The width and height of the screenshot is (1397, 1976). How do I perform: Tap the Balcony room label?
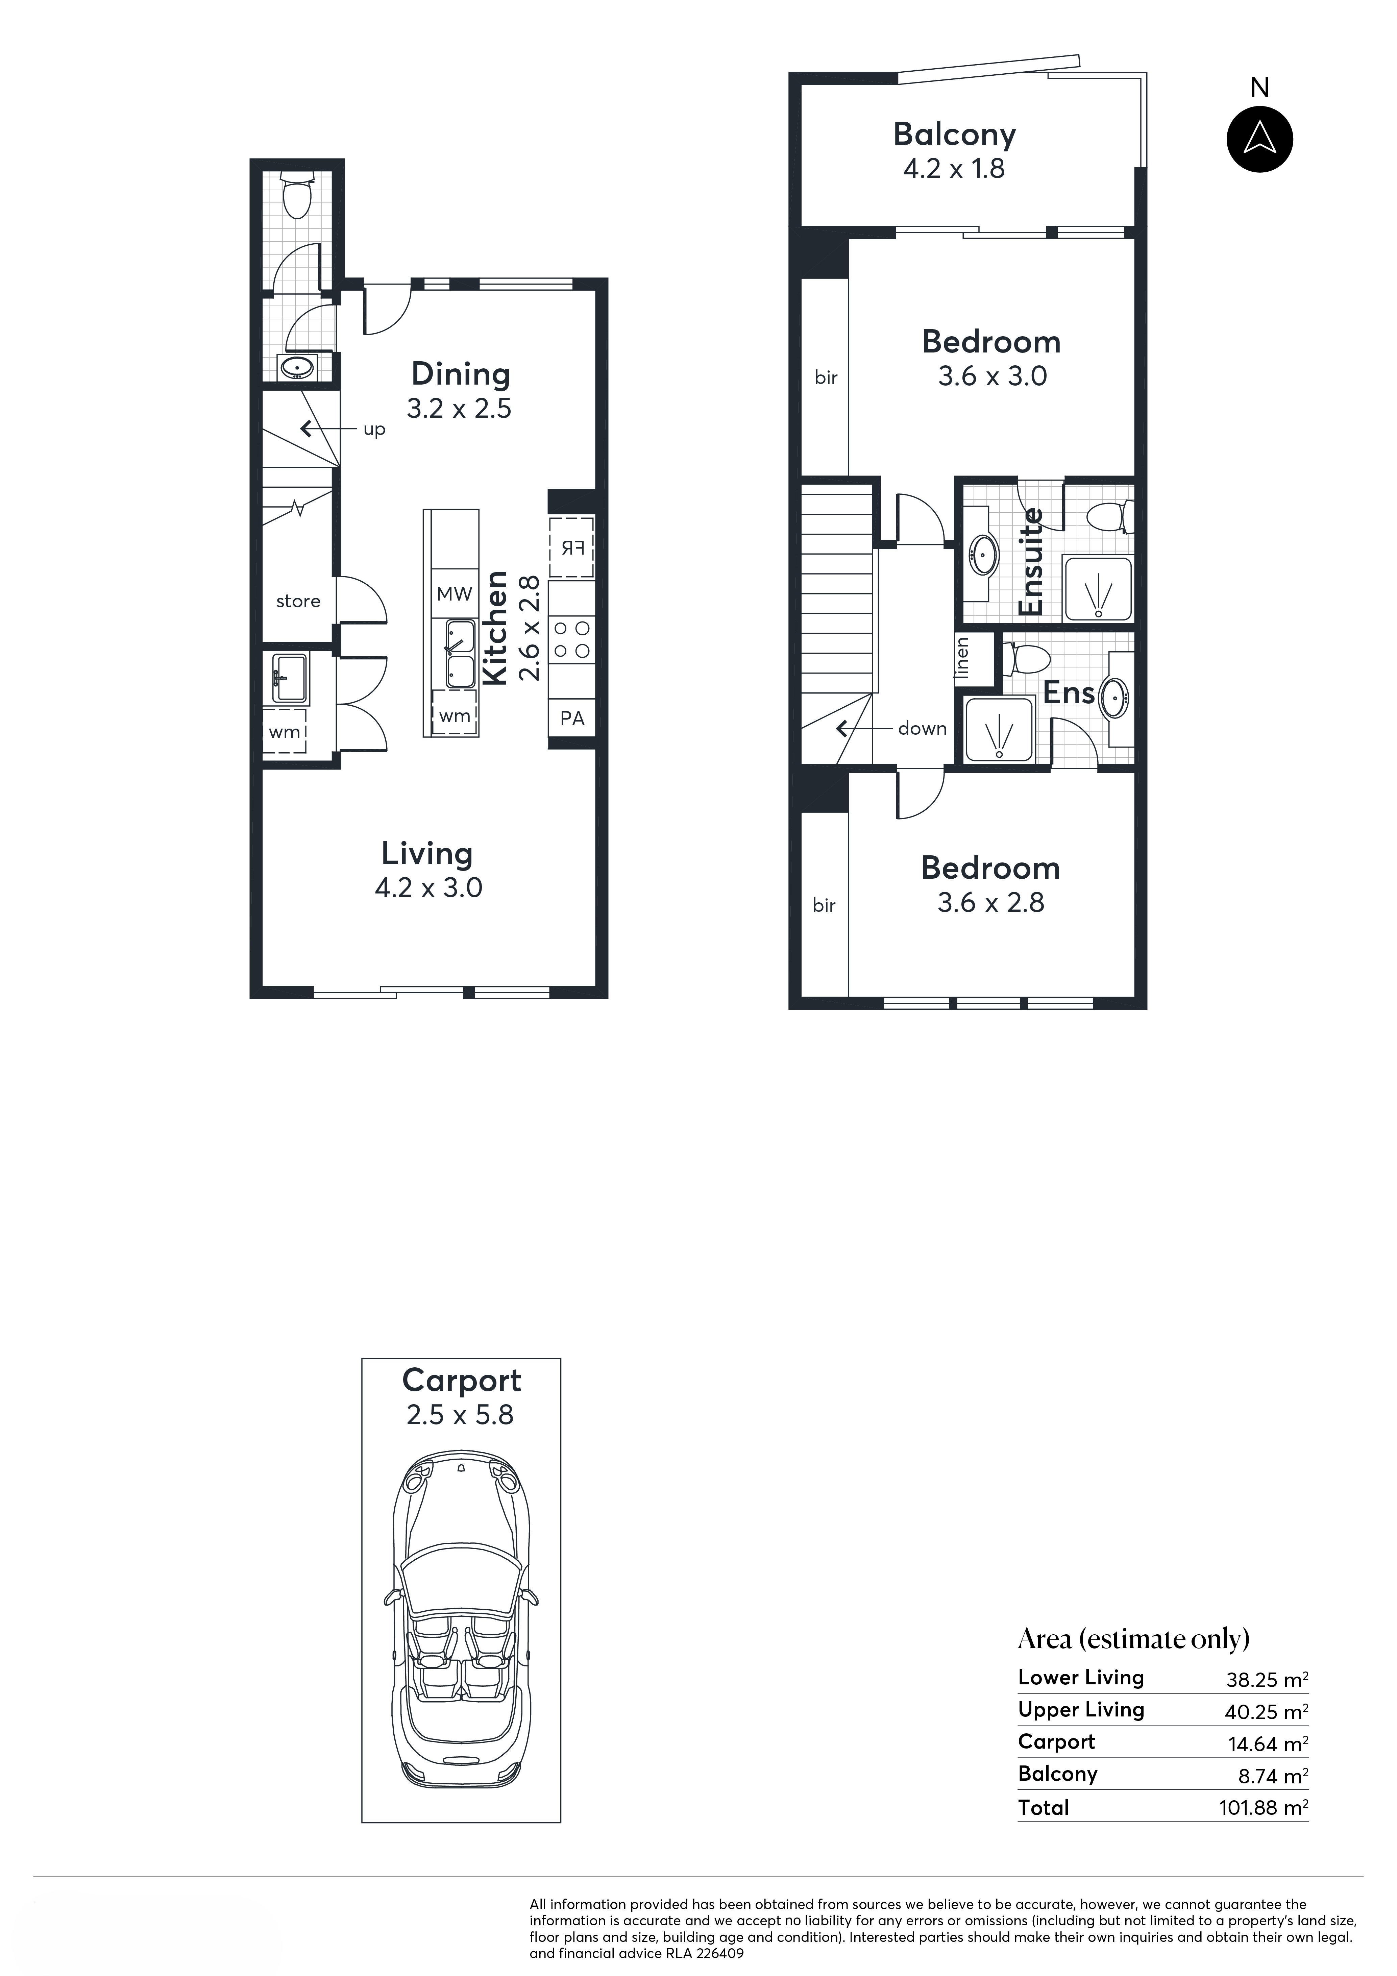(x=955, y=135)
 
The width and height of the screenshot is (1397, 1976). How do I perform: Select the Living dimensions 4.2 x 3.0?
(x=428, y=887)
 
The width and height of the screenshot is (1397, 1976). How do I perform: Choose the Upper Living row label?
(x=1081, y=1709)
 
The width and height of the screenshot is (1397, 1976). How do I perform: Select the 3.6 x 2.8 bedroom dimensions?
(x=991, y=903)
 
